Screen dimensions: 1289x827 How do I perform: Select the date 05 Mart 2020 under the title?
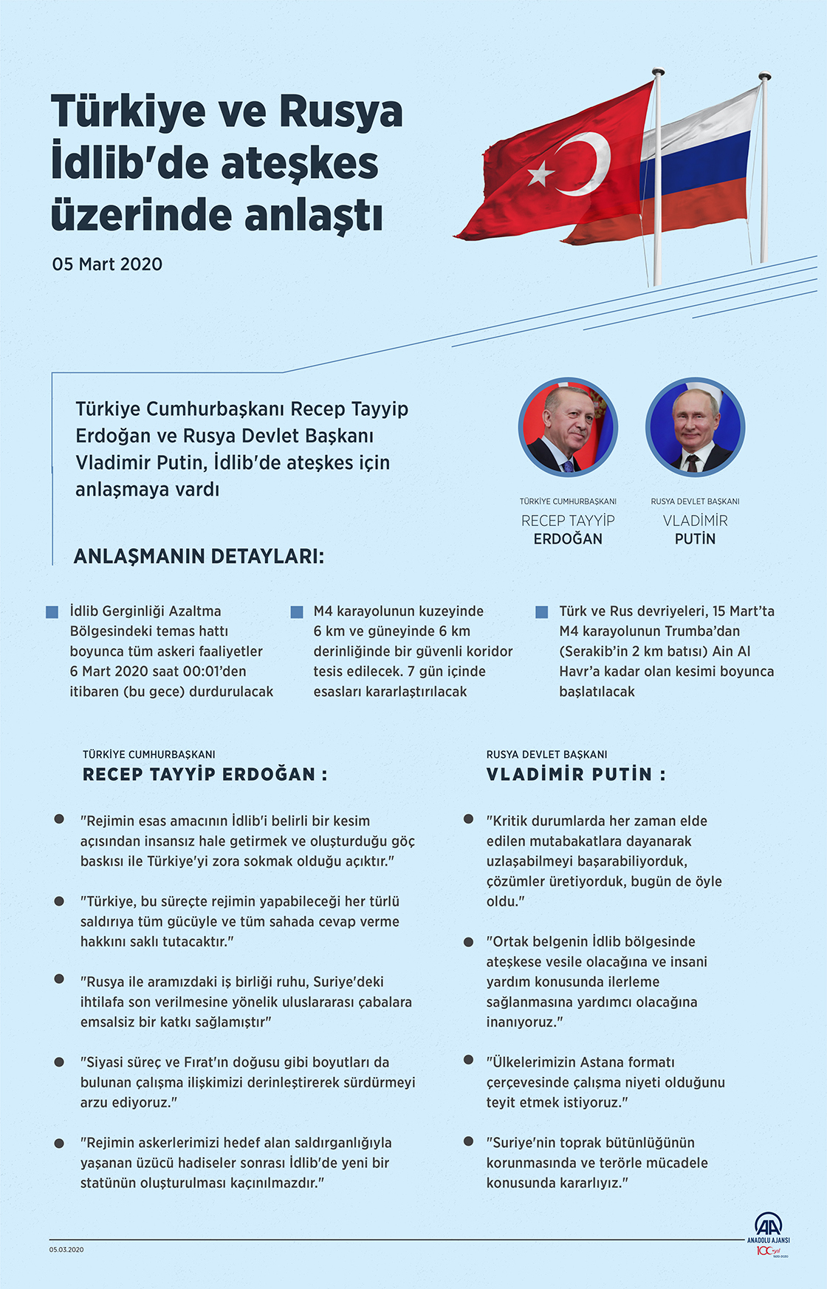pos(107,264)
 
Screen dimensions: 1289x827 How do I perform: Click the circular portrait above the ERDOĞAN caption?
pos(568,427)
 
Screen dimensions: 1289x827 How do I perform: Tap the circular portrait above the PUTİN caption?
pos(695,427)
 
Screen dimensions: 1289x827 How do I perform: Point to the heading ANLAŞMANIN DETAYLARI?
pos(199,556)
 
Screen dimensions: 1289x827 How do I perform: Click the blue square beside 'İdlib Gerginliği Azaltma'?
pos(52,612)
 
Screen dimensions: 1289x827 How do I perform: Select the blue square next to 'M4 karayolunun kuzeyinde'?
pos(297,612)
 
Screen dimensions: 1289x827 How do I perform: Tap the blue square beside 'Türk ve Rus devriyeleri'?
pos(541,612)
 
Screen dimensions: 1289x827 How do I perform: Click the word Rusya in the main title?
pos(340,112)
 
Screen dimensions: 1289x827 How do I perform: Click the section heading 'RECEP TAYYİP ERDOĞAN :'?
pos(205,774)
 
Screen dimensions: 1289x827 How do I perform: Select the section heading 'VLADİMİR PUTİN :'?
pos(576,774)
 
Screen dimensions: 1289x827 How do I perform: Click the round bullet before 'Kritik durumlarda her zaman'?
pos(468,819)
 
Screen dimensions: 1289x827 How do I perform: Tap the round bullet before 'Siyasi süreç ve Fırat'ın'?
pos(59,1061)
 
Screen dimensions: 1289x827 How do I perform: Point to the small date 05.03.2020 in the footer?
pos(66,1250)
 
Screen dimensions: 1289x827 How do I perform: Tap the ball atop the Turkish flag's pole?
pos(657,72)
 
